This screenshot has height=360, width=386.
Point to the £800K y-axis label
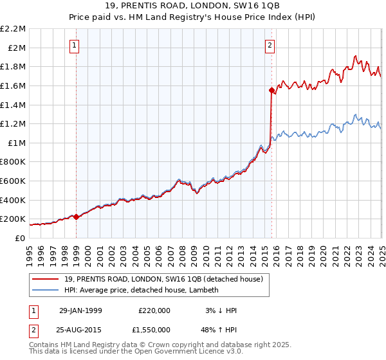14,162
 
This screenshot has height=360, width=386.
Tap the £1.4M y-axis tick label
14,105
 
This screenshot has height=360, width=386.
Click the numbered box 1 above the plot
76,45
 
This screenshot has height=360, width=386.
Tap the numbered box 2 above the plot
270,45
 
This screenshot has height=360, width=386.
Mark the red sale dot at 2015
271,91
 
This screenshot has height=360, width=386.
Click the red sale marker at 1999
77,217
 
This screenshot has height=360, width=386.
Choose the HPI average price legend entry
142,290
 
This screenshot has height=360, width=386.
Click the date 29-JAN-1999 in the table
80,310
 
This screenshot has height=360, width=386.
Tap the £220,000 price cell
154,310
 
